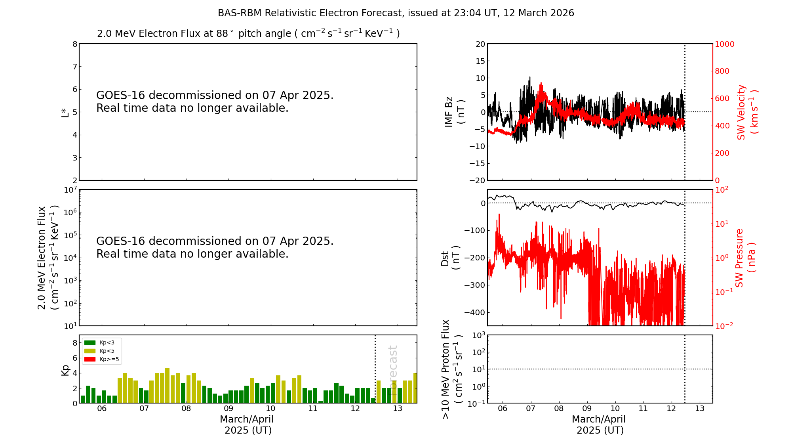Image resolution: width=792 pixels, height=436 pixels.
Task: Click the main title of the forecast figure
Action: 396,13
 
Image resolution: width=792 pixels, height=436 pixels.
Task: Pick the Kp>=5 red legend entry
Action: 101,360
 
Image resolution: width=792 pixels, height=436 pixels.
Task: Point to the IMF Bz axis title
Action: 454,112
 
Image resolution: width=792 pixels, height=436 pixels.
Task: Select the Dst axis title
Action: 450,258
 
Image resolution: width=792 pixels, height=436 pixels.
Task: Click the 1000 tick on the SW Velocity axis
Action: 724,44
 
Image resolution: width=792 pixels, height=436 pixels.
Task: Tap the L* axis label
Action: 65,112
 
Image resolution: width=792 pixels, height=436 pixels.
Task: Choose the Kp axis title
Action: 65,370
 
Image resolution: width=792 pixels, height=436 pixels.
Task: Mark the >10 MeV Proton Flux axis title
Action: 452,369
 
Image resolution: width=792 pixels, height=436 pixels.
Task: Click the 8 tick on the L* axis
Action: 74,44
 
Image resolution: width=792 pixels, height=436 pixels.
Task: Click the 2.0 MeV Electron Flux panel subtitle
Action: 248,33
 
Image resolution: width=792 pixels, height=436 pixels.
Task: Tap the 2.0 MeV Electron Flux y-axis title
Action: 48,258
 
